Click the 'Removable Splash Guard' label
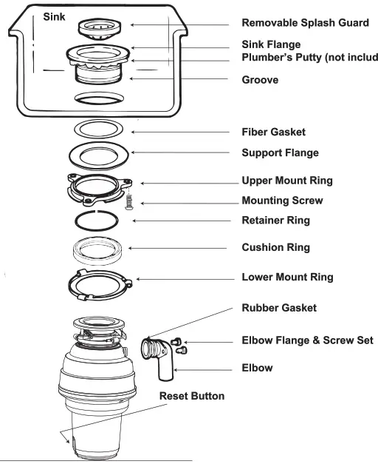coord(305,23)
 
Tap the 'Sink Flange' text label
coord(272,44)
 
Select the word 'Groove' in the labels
coord(260,79)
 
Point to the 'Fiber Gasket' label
coord(274,132)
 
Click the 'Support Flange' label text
coord(280,153)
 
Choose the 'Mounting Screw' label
coord(282,201)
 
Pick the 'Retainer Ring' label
coord(276,220)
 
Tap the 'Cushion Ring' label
coord(276,248)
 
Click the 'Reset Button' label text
coord(192,396)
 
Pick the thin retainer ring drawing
coord(99,221)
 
